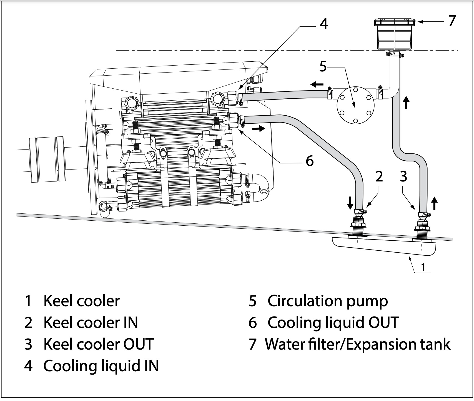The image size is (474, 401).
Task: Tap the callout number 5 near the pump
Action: coord(323,67)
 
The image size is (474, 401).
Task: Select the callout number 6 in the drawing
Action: coord(310,161)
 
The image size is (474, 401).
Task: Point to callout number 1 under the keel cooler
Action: coord(423,267)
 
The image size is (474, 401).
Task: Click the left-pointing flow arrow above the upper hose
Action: coord(317,84)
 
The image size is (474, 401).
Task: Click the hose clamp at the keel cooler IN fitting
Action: coord(360,212)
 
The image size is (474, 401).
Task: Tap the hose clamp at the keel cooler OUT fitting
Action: coord(423,215)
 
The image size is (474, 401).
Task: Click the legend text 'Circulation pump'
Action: coord(328,301)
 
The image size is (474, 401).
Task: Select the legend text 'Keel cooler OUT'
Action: coord(98,344)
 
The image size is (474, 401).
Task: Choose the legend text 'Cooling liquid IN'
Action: coord(101,366)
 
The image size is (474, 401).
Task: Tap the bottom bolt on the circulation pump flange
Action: coord(355,120)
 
